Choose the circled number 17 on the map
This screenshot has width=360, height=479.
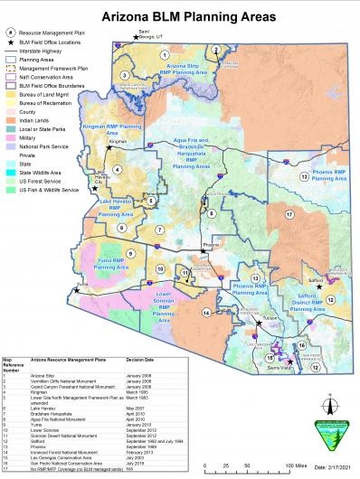(289, 214)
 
